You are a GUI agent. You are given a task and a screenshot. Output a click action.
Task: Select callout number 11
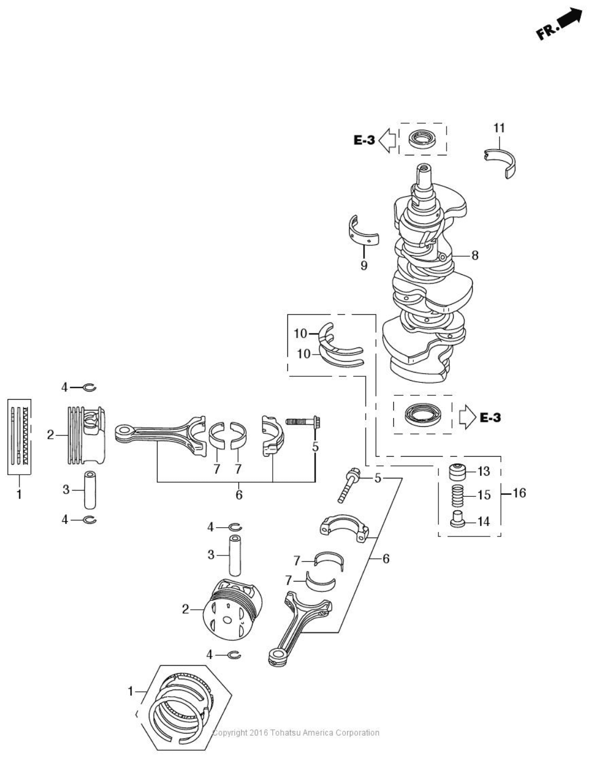[499, 128]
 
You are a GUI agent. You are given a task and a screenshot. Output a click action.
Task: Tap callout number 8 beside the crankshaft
[475, 255]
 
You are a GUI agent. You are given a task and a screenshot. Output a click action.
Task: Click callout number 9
[364, 266]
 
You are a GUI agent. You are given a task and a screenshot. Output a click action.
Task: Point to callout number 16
[519, 493]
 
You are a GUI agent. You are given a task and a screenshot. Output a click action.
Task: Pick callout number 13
[483, 471]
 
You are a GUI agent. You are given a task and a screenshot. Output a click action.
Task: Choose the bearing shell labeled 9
[362, 232]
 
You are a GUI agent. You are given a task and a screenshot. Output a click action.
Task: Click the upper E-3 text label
[364, 140]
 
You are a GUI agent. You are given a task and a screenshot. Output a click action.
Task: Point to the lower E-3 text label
[490, 418]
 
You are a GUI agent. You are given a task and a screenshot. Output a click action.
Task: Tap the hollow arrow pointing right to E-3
[466, 418]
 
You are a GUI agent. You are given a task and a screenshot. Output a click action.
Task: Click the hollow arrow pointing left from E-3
[387, 140]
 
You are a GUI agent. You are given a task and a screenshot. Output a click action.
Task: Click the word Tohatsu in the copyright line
[284, 733]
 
